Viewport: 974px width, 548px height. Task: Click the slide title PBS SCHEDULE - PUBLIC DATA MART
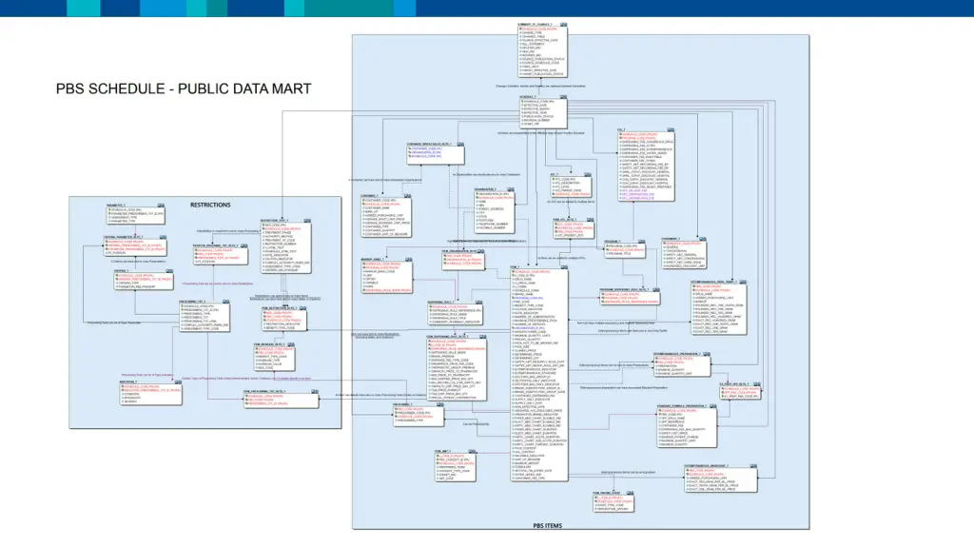pyautogui.click(x=183, y=89)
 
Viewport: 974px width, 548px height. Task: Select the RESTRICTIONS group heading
pyautogui.click(x=209, y=205)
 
